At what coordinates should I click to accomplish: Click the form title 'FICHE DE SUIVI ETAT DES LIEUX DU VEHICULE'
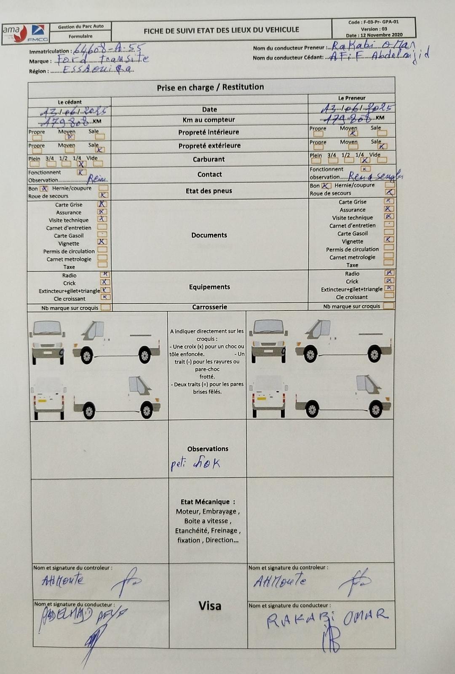[x=221, y=30]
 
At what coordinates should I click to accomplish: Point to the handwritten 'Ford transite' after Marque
[x=103, y=59]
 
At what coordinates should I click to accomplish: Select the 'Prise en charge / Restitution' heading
[x=210, y=87]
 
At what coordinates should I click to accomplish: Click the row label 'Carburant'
[x=209, y=159]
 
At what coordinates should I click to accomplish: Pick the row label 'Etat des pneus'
[x=209, y=191]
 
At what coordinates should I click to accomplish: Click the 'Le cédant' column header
[x=70, y=102]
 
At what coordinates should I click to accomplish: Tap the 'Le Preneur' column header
[x=352, y=98]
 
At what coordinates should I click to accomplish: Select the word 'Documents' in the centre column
[x=209, y=235]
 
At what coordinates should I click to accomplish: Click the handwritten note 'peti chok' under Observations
[x=195, y=464]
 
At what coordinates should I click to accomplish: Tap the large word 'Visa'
[x=210, y=606]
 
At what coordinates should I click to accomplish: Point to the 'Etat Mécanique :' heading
[x=208, y=502]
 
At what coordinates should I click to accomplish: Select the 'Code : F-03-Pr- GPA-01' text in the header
[x=373, y=22]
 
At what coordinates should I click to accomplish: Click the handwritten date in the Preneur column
[x=357, y=108]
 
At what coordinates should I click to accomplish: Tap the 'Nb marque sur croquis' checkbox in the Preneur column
[x=389, y=306]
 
